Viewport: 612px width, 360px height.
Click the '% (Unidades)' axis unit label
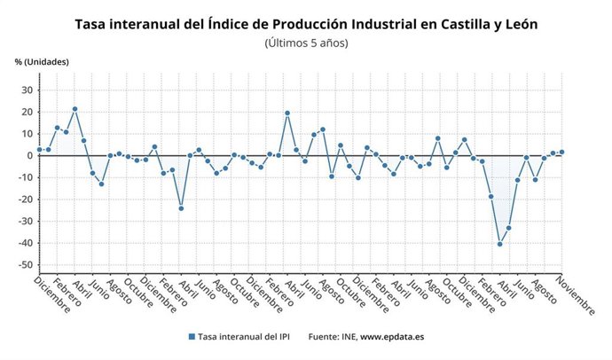pos(41,61)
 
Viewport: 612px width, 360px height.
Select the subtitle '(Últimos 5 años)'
pos(306,43)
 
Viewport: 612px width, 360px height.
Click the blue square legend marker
pos(192,337)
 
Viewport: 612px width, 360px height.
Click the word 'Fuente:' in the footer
pos(324,337)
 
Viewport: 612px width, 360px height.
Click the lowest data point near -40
pos(500,244)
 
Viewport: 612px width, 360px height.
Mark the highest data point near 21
pos(75,109)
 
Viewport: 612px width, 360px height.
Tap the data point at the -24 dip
pos(181,208)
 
